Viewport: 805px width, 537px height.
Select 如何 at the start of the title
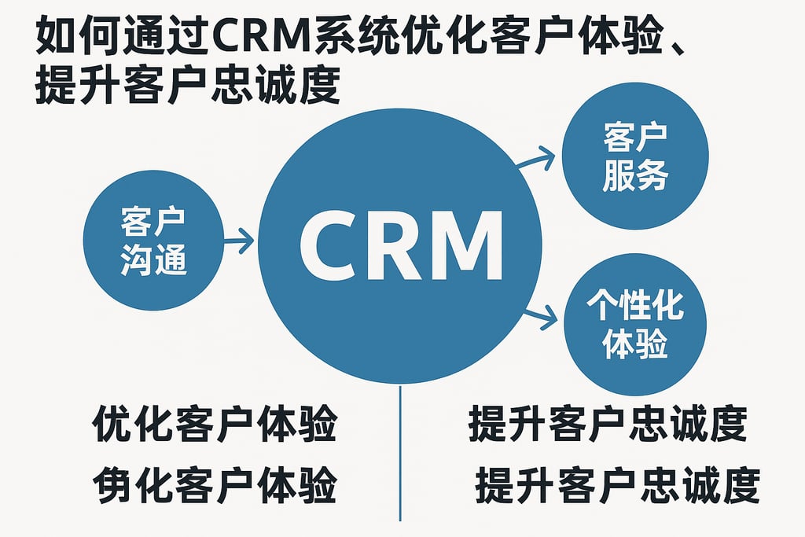70,37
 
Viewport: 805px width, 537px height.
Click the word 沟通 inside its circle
154,259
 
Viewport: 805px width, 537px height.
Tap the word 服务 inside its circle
635,176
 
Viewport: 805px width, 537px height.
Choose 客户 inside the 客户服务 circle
635,138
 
